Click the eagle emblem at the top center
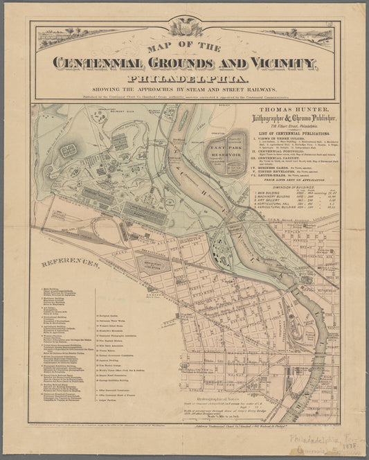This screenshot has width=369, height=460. [184, 27]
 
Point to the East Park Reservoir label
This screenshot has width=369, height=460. [226, 145]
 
